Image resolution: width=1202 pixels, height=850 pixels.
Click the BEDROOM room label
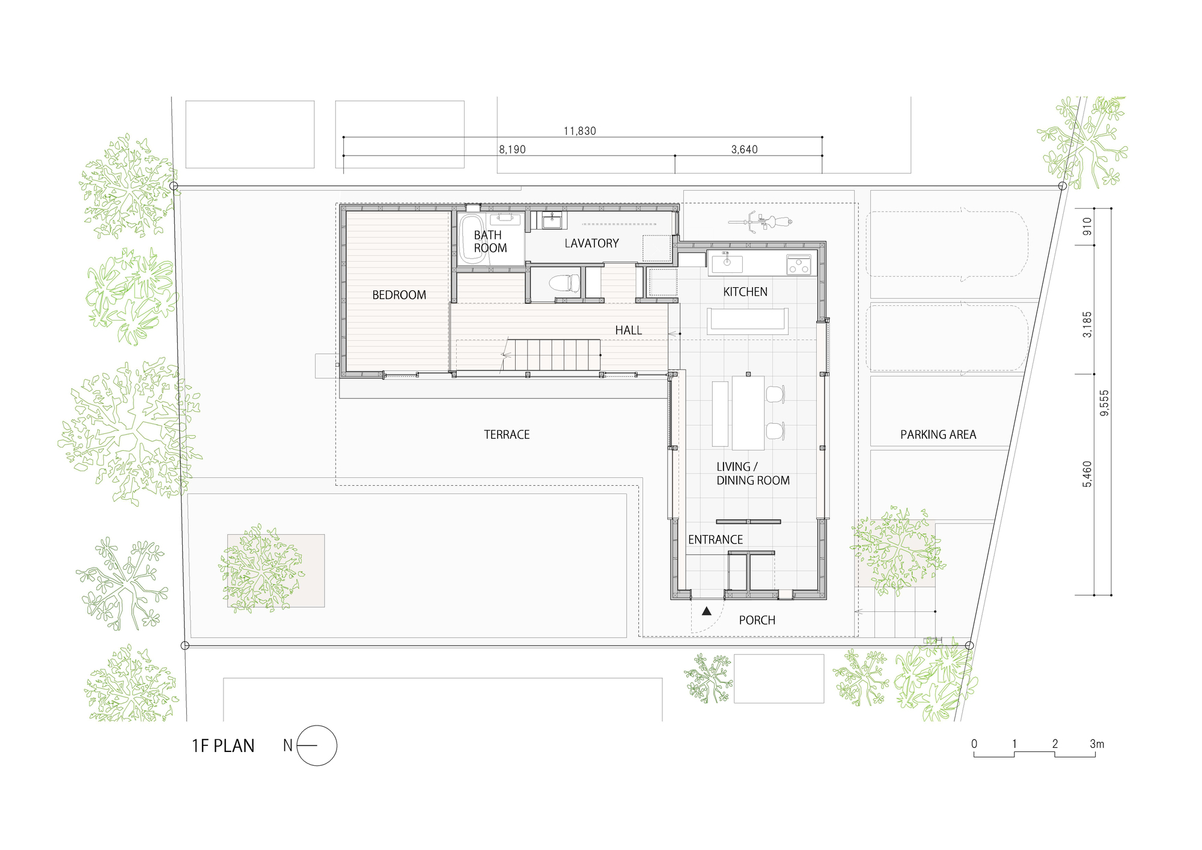(x=399, y=295)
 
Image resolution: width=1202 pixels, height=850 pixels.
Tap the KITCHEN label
(x=745, y=292)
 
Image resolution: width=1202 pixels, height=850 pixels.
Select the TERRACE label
(x=507, y=435)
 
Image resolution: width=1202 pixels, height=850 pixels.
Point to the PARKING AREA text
(x=938, y=435)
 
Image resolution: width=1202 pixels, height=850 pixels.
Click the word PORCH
(x=757, y=620)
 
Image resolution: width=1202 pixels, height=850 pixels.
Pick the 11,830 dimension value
(x=580, y=131)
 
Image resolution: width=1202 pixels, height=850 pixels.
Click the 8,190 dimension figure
(x=512, y=150)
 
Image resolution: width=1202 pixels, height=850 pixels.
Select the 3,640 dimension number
(x=744, y=150)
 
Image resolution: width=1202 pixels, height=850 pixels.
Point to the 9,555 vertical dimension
(x=1104, y=403)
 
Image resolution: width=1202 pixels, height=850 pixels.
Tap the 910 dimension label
(x=1087, y=226)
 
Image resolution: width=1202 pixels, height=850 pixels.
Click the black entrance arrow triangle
(x=707, y=611)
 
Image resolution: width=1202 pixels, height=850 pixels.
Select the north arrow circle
(x=317, y=745)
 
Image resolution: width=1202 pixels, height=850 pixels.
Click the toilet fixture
(x=564, y=283)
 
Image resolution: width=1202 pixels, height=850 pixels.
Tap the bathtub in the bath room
(x=472, y=239)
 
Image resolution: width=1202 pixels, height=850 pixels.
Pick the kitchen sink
(x=727, y=263)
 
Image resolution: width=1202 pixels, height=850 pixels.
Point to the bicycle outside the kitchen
(x=760, y=221)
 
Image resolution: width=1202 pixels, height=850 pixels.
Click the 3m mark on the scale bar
(x=1096, y=744)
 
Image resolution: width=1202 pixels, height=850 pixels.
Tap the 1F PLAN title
(x=223, y=746)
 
